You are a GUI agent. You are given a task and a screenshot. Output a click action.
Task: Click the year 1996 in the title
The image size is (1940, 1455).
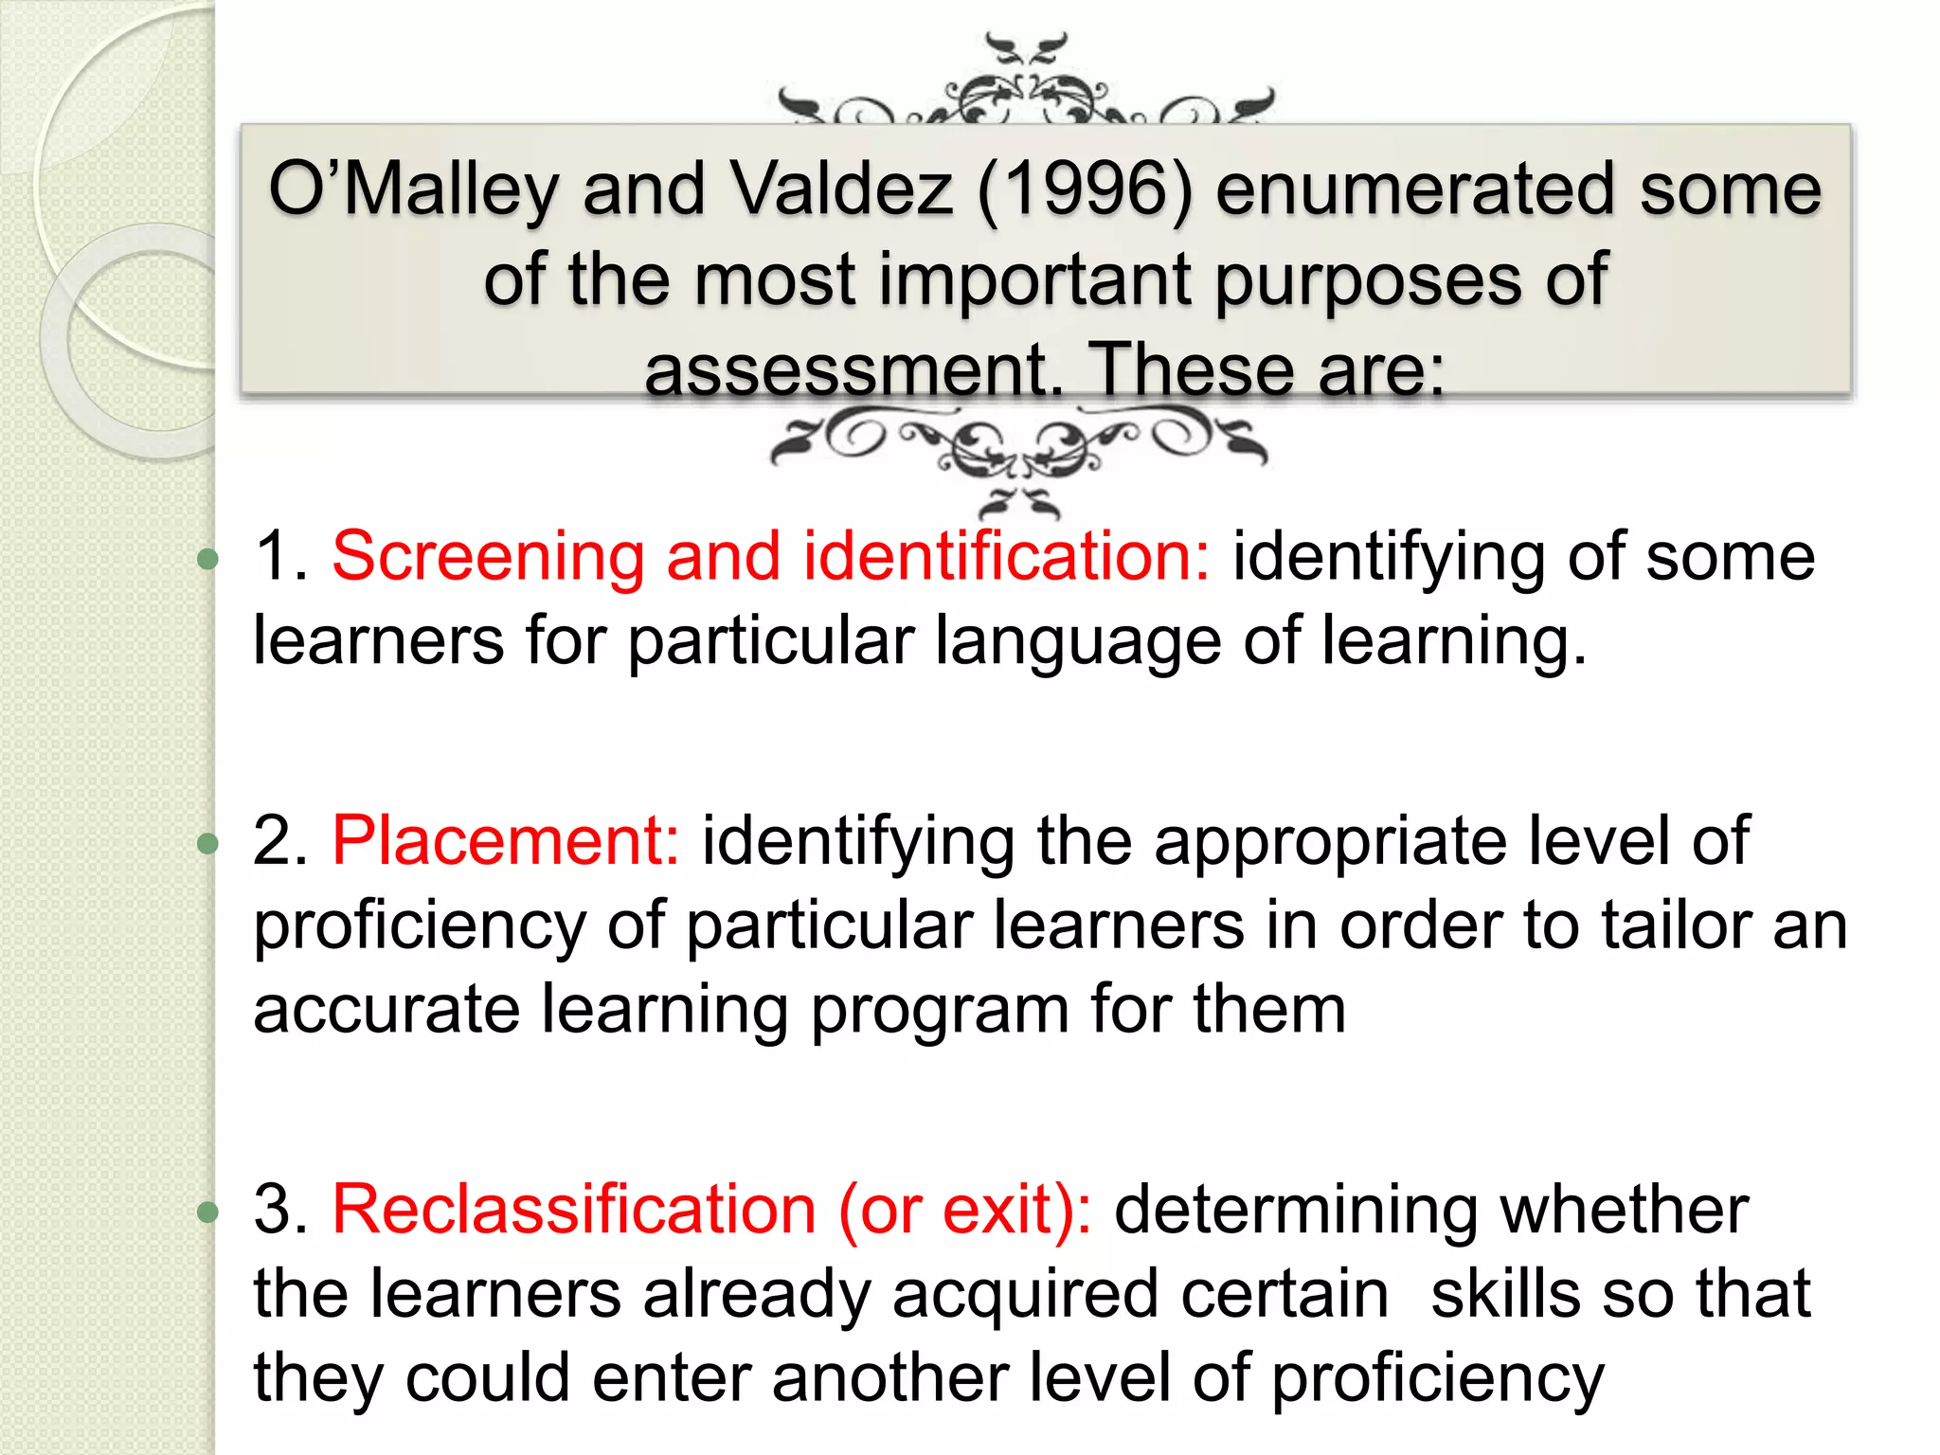tap(1085, 189)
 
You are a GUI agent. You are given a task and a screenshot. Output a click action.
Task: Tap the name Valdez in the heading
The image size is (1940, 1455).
tap(842, 189)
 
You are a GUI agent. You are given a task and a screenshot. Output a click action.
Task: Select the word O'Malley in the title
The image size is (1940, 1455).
tap(413, 189)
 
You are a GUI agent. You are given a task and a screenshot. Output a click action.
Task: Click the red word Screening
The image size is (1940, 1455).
tap(487, 556)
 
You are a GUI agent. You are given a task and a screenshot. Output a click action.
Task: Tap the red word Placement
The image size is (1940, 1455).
tap(505, 840)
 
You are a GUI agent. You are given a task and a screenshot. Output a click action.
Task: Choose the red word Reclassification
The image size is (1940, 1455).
tap(573, 1210)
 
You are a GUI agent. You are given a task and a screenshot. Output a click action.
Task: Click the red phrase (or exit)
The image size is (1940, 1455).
tap(964, 1210)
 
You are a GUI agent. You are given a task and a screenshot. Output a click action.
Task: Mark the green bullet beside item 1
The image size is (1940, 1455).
tap(207, 559)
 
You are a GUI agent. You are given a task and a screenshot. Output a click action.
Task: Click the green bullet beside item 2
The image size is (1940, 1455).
tap(207, 843)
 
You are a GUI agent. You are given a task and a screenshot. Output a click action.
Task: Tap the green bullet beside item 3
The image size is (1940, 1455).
tap(207, 1212)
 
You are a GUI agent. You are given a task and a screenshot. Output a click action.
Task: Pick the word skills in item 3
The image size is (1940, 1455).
tap(1504, 1294)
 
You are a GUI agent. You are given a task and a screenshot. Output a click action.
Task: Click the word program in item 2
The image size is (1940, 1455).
tap(939, 1010)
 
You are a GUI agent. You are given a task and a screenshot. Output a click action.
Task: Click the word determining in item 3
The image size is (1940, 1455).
tap(1295, 1210)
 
